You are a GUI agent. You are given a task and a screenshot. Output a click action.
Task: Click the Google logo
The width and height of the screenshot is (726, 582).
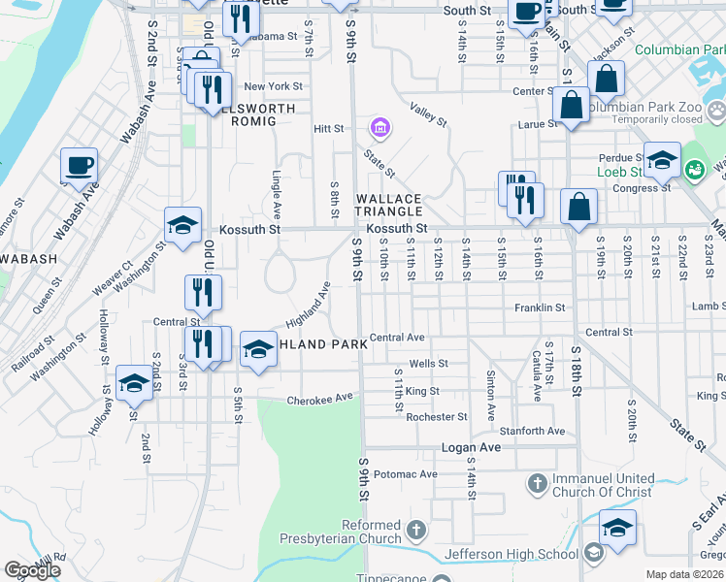pyautogui.click(x=33, y=570)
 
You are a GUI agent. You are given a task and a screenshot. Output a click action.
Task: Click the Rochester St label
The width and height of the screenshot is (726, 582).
pyautogui.click(x=437, y=417)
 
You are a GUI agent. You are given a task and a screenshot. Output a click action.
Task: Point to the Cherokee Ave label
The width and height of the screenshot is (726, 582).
pyautogui.click(x=320, y=399)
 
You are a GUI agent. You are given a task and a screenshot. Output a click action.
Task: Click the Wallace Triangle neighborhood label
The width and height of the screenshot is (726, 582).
pyautogui.click(x=389, y=205)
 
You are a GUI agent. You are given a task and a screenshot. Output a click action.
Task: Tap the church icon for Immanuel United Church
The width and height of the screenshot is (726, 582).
pyautogui.click(x=537, y=482)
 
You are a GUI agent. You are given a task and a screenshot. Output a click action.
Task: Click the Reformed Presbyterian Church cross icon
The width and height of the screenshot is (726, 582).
pyautogui.click(x=416, y=530)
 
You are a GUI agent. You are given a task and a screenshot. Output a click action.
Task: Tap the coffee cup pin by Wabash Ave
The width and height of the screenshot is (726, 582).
pyautogui.click(x=79, y=166)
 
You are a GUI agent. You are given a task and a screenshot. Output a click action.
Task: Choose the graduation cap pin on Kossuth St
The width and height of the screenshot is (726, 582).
pyautogui.click(x=182, y=226)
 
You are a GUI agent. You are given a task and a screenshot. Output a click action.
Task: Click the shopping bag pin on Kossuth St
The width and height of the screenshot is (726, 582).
pyautogui.click(x=578, y=208)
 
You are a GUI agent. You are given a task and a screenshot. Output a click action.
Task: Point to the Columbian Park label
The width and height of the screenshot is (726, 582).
pyautogui.click(x=679, y=49)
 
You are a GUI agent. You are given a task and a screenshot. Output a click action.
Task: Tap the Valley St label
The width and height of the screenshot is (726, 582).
pyautogui.click(x=427, y=115)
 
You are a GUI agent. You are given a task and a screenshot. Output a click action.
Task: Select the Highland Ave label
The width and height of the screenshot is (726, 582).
pyautogui.click(x=309, y=304)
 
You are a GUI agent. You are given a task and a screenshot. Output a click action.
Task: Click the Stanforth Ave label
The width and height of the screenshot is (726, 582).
pyautogui.click(x=532, y=431)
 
